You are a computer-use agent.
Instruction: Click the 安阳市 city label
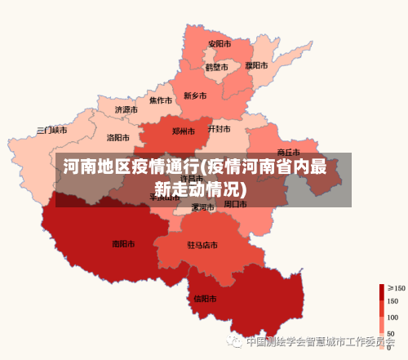click(x=219, y=43)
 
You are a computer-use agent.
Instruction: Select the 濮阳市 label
click(x=256, y=65)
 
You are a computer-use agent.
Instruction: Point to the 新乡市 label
click(x=196, y=96)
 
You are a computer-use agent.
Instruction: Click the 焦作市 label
click(x=161, y=101)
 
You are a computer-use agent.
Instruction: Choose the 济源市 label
click(x=126, y=109)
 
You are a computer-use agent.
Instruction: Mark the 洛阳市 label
click(x=118, y=138)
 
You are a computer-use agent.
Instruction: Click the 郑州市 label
click(x=184, y=131)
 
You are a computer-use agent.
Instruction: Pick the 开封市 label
click(x=219, y=129)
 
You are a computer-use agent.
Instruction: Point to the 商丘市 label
click(x=289, y=152)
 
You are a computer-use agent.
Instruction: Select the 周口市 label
click(x=236, y=203)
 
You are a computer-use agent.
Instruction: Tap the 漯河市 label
click(x=202, y=207)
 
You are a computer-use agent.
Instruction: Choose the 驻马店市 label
click(x=202, y=244)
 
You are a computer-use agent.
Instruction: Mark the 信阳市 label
click(x=205, y=298)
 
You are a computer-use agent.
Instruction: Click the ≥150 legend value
click(x=396, y=288)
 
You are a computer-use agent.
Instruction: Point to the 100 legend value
click(x=392, y=317)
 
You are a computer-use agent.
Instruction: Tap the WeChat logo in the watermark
click(x=237, y=342)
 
